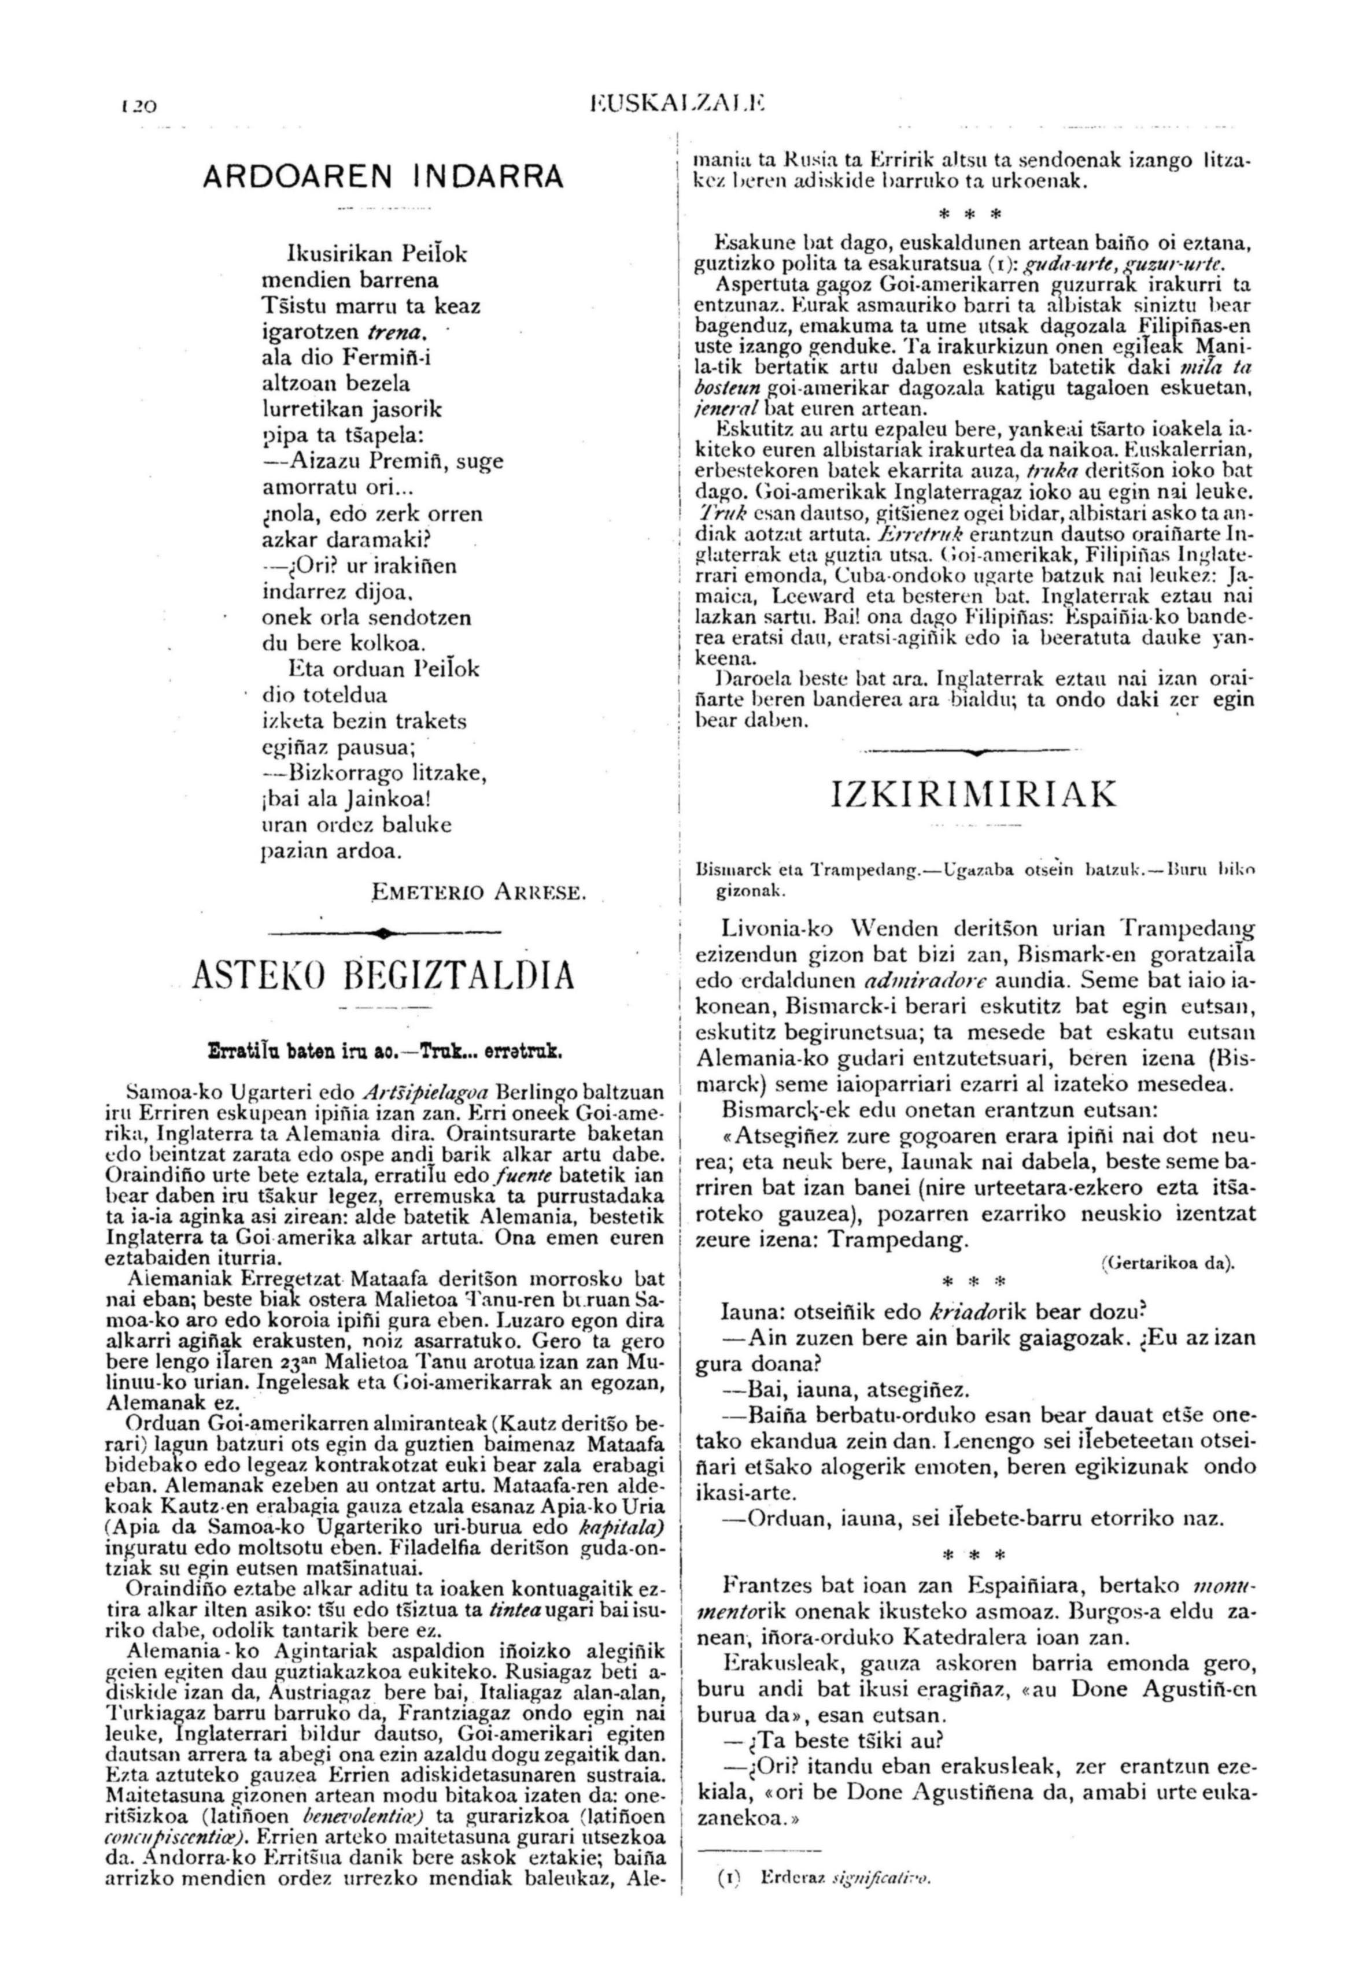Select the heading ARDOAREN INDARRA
coord(383,176)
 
